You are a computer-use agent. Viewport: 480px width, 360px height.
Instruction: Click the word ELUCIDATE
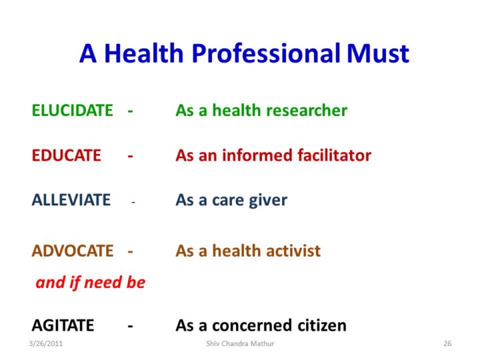(x=73, y=111)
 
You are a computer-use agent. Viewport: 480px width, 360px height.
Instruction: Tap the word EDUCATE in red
(x=67, y=155)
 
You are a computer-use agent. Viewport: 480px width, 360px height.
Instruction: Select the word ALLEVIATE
(x=71, y=200)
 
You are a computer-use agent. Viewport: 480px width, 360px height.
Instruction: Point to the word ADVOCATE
(x=73, y=251)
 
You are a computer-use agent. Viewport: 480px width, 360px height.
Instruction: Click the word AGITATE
(x=63, y=325)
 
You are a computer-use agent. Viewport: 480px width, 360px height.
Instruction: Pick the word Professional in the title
(x=266, y=53)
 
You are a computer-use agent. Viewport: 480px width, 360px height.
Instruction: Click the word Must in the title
(x=378, y=53)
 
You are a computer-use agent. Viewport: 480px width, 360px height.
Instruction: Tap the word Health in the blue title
(x=144, y=53)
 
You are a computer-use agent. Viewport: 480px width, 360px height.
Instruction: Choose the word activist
(x=293, y=251)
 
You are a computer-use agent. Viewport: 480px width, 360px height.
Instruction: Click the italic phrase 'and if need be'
(x=91, y=282)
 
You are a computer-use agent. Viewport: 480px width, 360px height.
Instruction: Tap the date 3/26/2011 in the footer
(x=46, y=343)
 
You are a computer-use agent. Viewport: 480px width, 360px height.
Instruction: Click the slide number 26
(x=447, y=343)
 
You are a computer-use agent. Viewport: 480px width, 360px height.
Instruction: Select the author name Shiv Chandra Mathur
(x=240, y=343)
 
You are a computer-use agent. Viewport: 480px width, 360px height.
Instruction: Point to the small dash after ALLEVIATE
(x=133, y=203)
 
